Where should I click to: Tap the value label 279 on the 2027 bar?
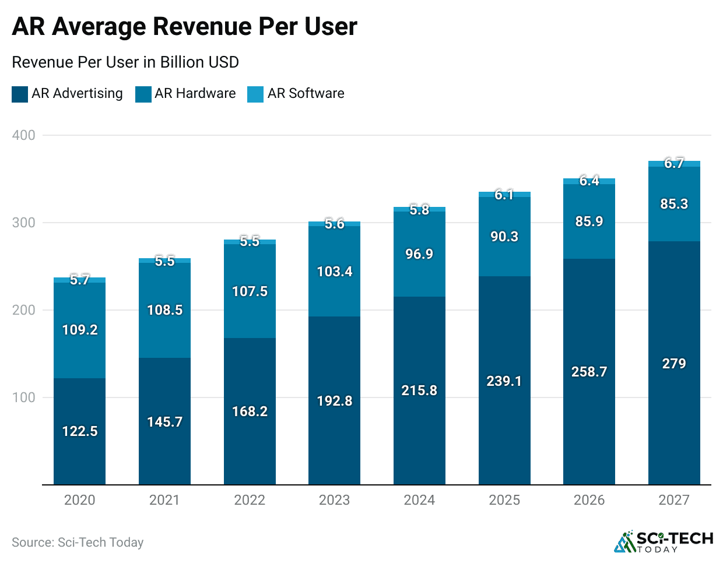(674, 364)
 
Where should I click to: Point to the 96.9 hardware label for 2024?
(419, 254)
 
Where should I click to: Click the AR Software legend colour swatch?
(255, 94)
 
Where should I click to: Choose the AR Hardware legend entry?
(195, 93)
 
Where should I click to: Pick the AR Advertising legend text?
(77, 93)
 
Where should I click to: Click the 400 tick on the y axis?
(24, 135)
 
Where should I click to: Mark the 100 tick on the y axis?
(24, 397)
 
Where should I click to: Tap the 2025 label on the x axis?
(504, 500)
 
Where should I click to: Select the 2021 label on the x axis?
(164, 500)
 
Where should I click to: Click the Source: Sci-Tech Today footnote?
(78, 543)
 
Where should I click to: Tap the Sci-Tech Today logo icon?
(624, 542)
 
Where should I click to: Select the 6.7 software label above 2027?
(674, 163)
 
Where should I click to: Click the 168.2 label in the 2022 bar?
(250, 411)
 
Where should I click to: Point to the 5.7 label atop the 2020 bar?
(79, 280)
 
